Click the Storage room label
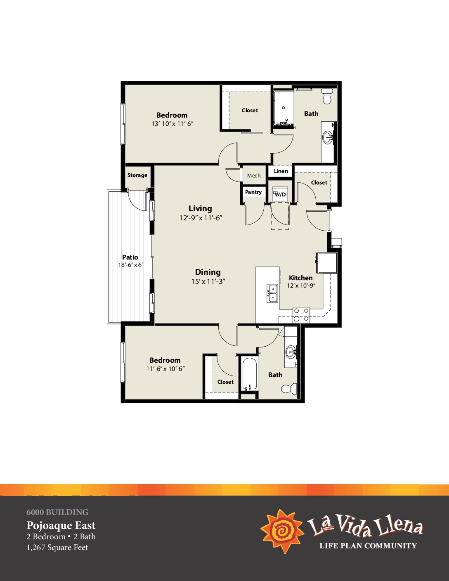[x=137, y=175]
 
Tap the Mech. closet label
[x=254, y=176]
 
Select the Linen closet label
[x=281, y=171]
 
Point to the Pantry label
[x=253, y=192]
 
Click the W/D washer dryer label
[x=280, y=195]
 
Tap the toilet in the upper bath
[x=327, y=96]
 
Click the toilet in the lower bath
[x=289, y=388]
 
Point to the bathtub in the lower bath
[x=249, y=374]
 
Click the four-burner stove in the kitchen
[x=301, y=315]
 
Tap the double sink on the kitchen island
[x=272, y=293]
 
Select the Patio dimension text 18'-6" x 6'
[x=130, y=265]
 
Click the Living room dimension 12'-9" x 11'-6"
[x=201, y=218]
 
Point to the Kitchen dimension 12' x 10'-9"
[x=301, y=286]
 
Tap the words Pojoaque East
[x=61, y=526]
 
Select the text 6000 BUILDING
[x=57, y=512]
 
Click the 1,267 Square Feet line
[x=57, y=547]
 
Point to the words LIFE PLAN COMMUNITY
[x=368, y=546]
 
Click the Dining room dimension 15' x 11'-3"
[x=208, y=281]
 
